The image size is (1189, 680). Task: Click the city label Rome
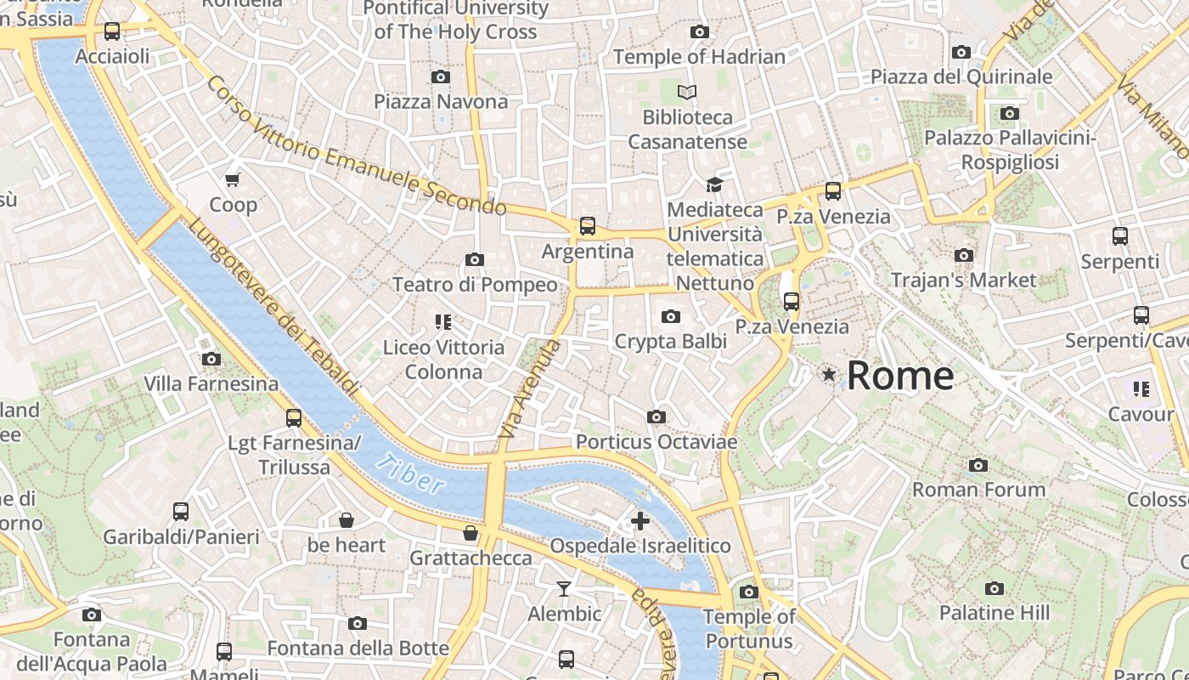pyautogui.click(x=900, y=375)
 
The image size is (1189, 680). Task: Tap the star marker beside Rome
pyautogui.click(x=828, y=374)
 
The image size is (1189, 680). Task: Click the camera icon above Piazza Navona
pyautogui.click(x=440, y=77)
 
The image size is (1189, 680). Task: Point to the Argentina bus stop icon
pyautogui.click(x=587, y=226)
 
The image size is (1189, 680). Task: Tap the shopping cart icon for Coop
pyautogui.click(x=233, y=179)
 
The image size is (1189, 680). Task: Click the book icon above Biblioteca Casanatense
pyautogui.click(x=687, y=92)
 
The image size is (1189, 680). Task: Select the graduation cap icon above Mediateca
pyautogui.click(x=714, y=184)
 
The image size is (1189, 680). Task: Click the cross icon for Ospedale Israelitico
pyautogui.click(x=640, y=520)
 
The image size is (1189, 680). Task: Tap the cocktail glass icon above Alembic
pyautogui.click(x=564, y=588)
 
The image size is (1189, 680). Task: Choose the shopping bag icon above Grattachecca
pyautogui.click(x=470, y=533)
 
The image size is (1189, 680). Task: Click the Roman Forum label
pyautogui.click(x=978, y=490)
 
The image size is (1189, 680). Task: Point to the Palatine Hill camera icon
pyautogui.click(x=994, y=588)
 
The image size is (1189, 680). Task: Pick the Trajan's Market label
pyautogui.click(x=963, y=280)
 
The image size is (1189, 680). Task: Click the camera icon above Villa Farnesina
pyautogui.click(x=211, y=360)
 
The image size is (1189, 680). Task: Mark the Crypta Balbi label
pyautogui.click(x=670, y=342)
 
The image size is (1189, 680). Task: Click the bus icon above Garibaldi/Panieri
pyautogui.click(x=181, y=512)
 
